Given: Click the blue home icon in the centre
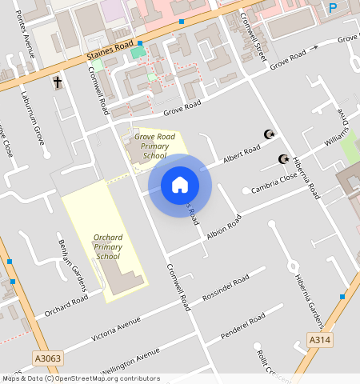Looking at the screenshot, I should pyautogui.click(x=180, y=185).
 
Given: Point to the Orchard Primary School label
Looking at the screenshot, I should pyautogui.click(x=108, y=247).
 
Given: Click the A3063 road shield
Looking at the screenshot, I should pyautogui.click(x=48, y=358).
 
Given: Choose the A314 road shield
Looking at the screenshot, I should pyautogui.click(x=321, y=341).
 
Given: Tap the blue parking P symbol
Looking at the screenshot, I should pyautogui.click(x=333, y=8).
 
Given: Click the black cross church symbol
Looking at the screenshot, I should pyautogui.click(x=58, y=82).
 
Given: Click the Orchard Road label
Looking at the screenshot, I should pyautogui.click(x=66, y=306).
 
